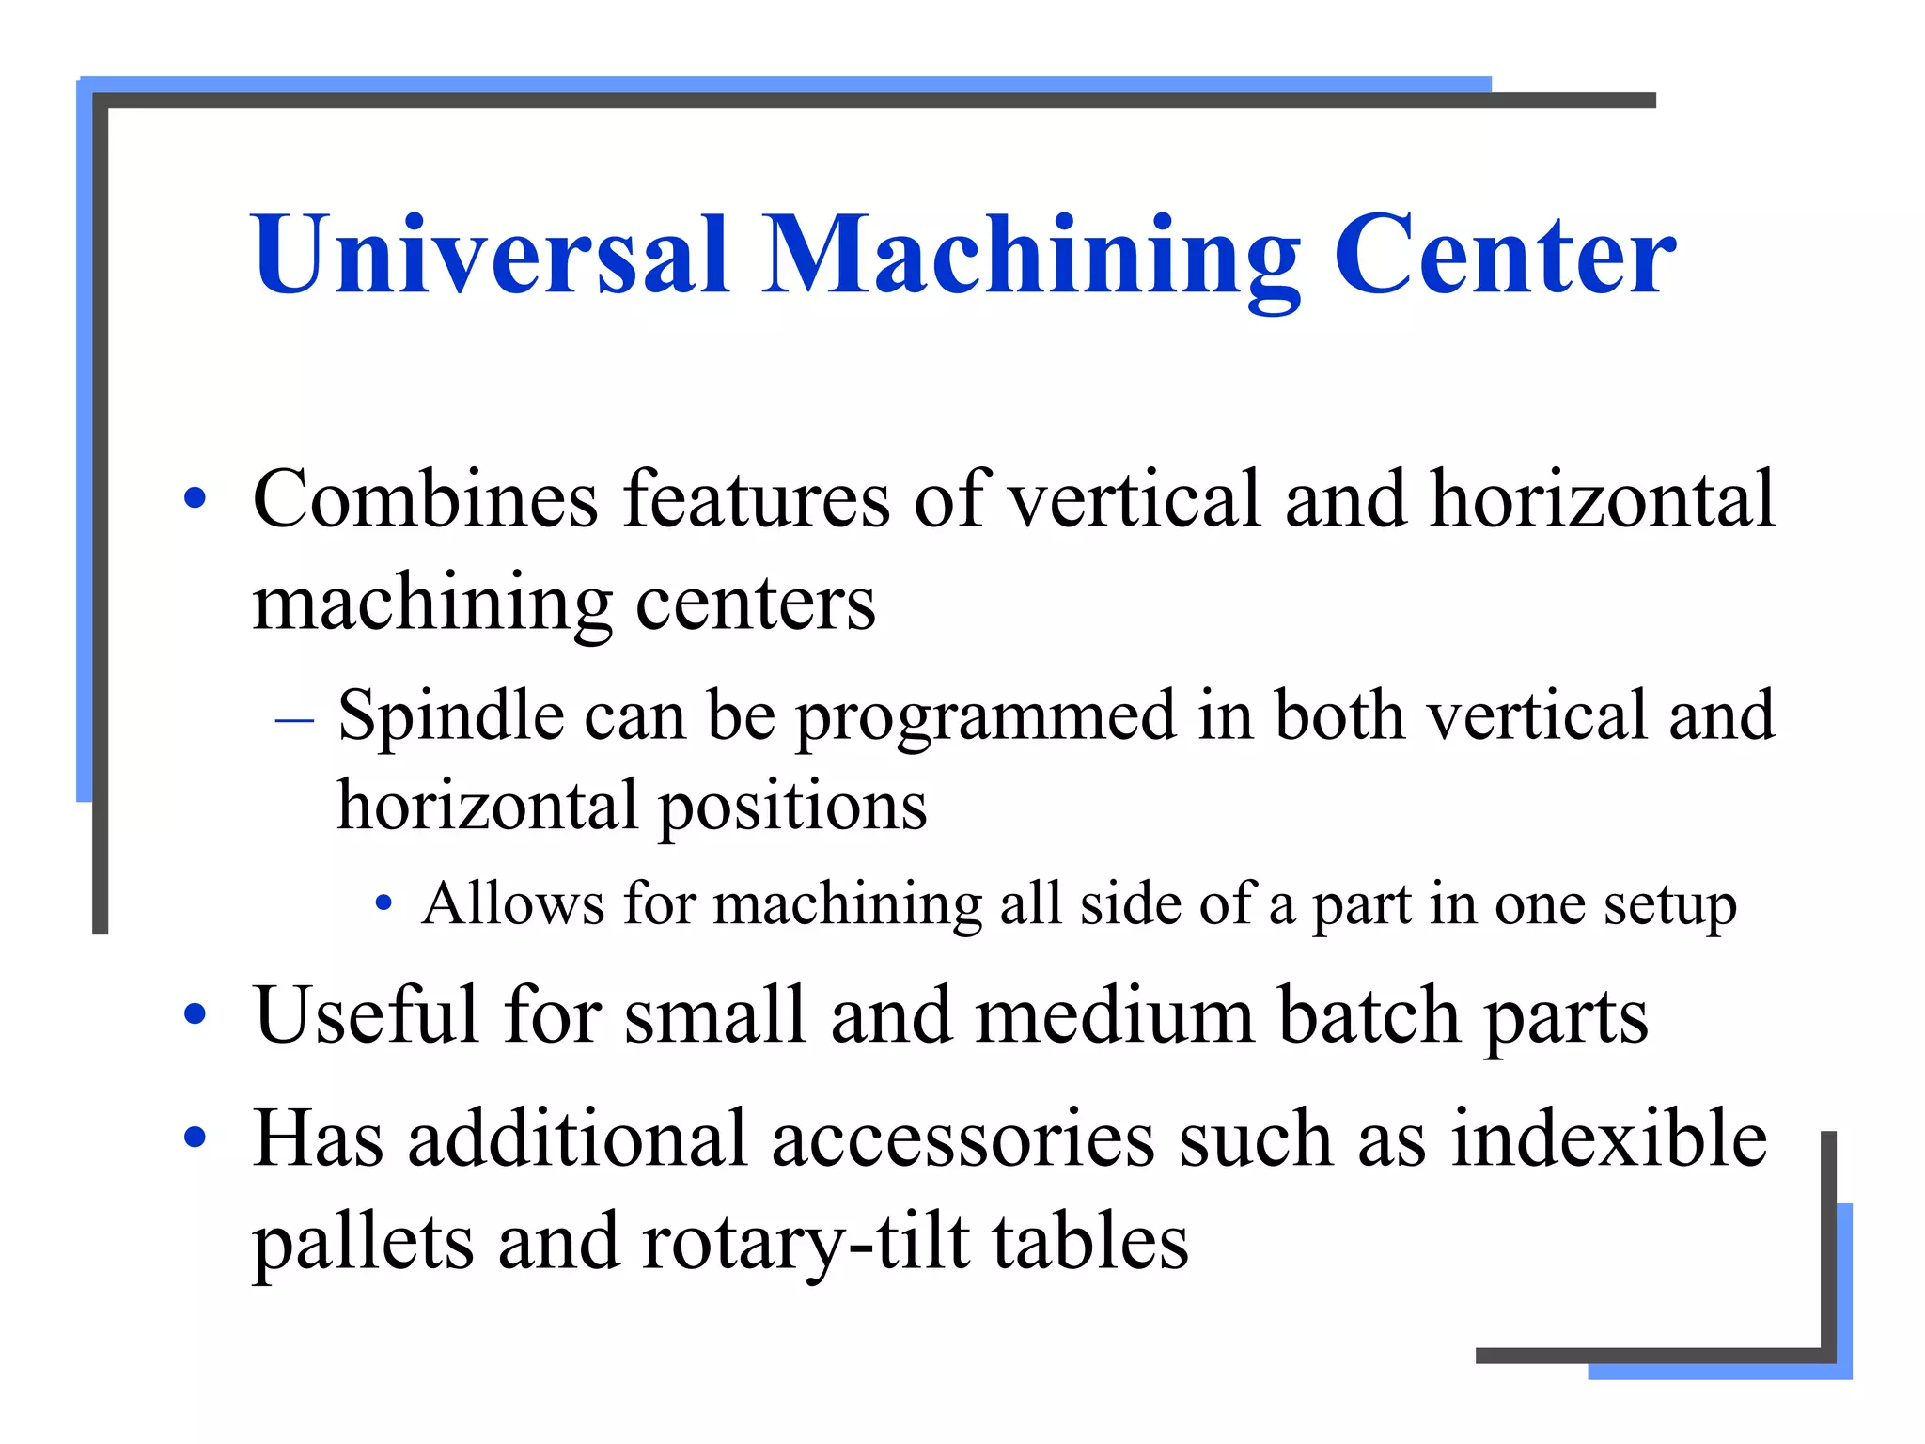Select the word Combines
pos(425,498)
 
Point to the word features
pos(757,498)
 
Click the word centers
pos(756,604)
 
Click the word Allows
pos(513,904)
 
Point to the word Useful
pos(367,1015)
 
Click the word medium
pos(1115,1015)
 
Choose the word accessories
pos(963,1139)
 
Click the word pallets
pos(363,1243)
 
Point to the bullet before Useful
pos(196,1015)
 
